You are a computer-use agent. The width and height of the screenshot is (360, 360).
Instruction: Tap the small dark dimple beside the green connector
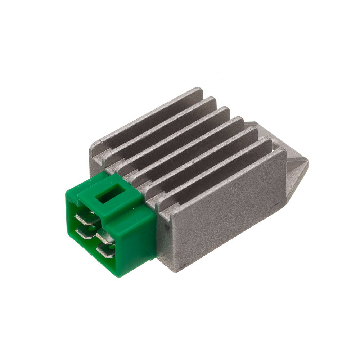point(166,228)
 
